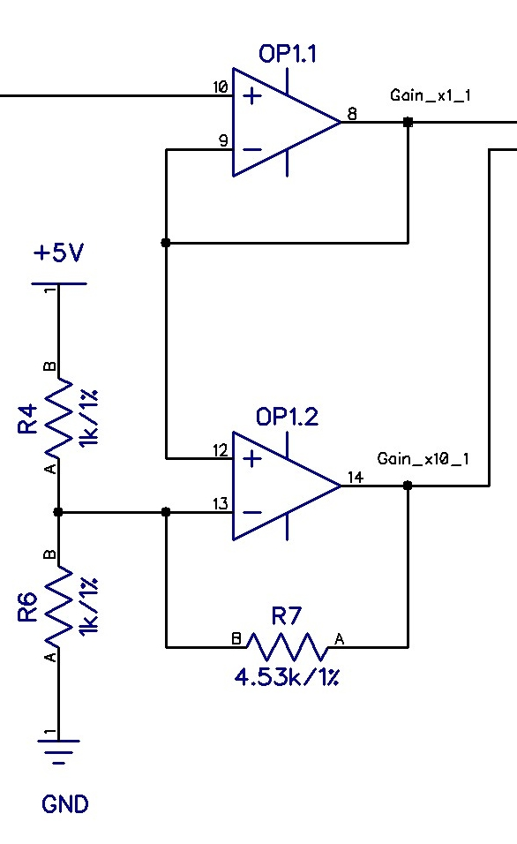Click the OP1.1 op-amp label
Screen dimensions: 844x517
(x=287, y=55)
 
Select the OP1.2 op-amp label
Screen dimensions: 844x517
(x=287, y=417)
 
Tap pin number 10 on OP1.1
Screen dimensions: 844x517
(x=221, y=87)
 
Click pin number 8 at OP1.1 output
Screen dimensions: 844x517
(x=352, y=113)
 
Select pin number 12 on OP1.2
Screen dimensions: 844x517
(x=221, y=450)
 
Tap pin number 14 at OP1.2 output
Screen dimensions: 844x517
(x=355, y=477)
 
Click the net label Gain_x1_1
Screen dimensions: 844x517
(x=430, y=95)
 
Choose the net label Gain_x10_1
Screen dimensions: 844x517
(x=423, y=459)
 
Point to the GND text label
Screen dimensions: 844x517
(x=65, y=804)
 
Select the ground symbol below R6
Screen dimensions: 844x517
(x=58, y=750)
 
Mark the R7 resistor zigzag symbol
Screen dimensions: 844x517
(x=287, y=646)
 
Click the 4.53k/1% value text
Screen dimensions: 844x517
(x=287, y=677)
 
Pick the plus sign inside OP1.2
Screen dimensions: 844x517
(x=252, y=459)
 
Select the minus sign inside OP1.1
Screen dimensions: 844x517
(x=252, y=149)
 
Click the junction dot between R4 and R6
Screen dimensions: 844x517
(x=58, y=511)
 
